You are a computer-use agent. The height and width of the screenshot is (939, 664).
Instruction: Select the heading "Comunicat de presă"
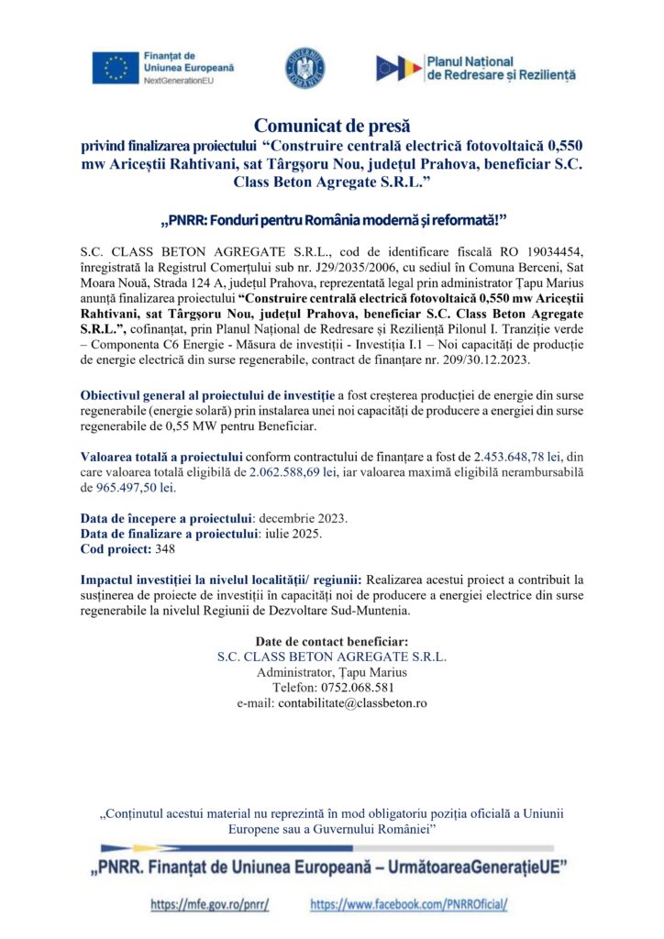click(332, 125)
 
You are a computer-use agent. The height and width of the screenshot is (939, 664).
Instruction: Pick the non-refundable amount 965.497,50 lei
click(134, 488)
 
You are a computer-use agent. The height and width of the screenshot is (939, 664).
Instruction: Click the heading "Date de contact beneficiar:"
click(332, 641)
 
